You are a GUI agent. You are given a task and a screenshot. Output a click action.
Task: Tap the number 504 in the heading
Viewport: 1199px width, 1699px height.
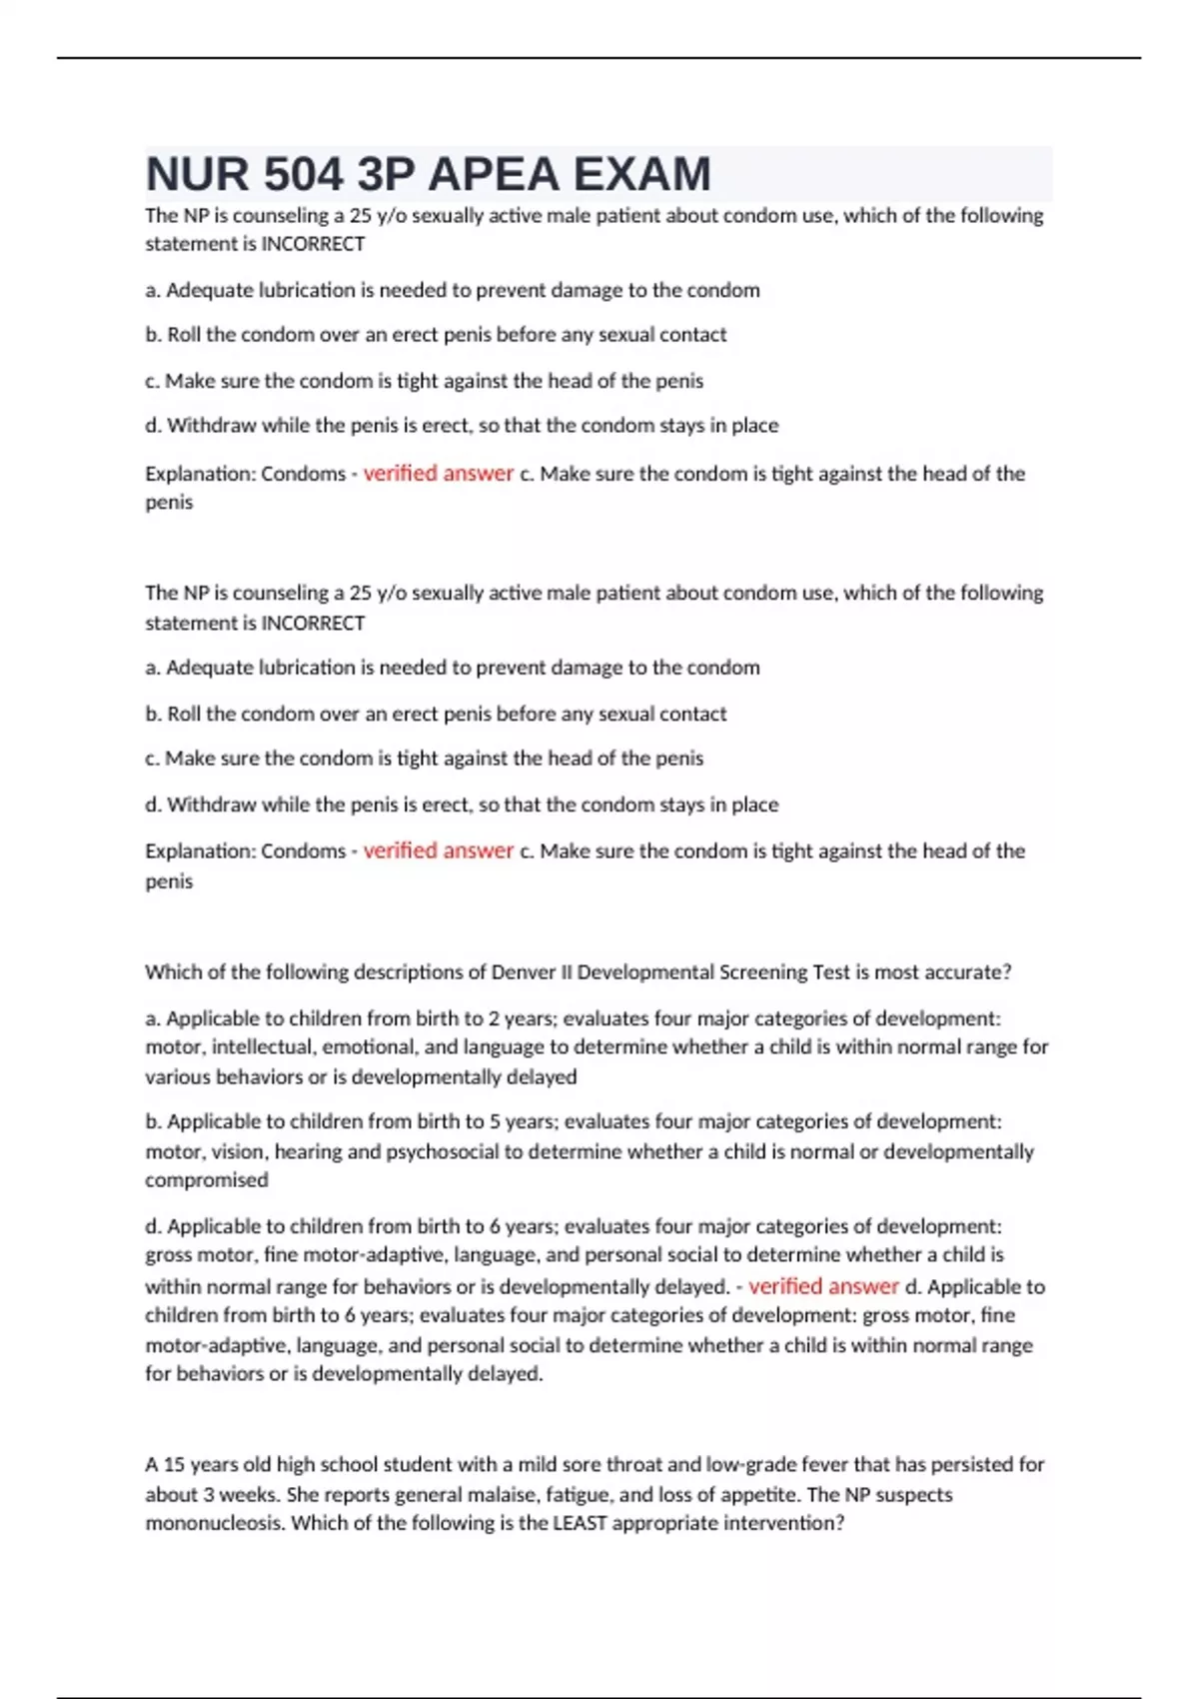(303, 175)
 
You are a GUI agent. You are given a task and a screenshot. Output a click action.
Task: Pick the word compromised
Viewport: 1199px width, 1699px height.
(207, 1180)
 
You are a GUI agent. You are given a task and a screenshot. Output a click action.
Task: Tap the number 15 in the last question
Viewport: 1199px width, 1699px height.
(174, 1465)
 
